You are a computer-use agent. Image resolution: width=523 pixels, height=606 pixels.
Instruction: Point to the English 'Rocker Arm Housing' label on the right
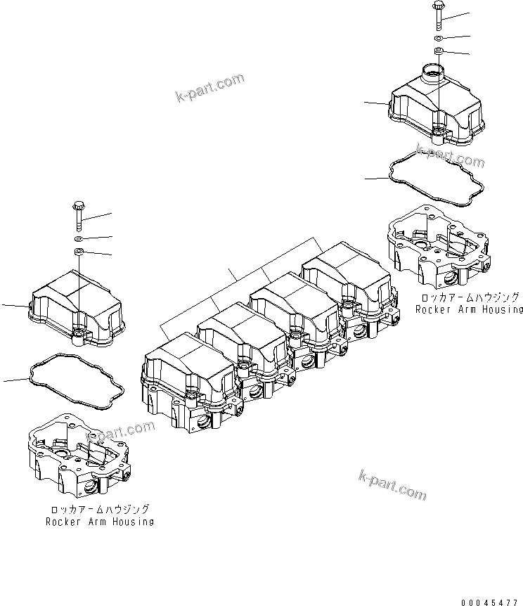(x=469, y=309)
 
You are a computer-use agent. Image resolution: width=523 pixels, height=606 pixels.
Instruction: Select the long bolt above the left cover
(x=78, y=215)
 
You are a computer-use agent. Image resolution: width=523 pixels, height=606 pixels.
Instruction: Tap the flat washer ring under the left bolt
(x=78, y=239)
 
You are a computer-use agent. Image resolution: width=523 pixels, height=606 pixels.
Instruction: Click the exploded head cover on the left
(x=74, y=309)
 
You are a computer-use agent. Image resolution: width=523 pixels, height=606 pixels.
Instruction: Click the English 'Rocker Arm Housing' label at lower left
(x=100, y=522)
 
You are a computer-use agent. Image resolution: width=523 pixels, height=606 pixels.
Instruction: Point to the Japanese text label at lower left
(x=100, y=510)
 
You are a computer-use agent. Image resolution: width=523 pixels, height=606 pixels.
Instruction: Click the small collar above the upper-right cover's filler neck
(x=438, y=51)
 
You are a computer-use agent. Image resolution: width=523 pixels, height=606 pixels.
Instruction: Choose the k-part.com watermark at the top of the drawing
(x=210, y=89)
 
